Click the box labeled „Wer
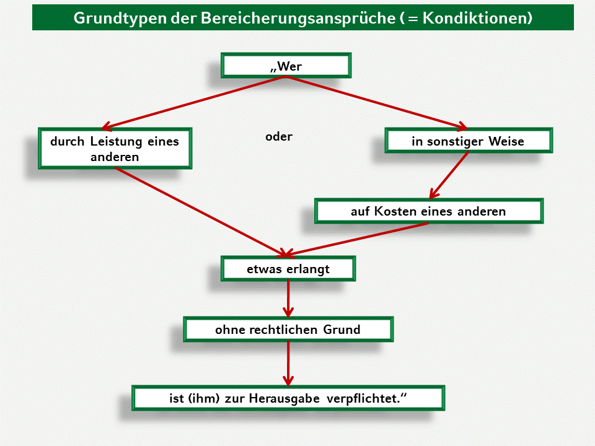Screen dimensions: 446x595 click(286, 66)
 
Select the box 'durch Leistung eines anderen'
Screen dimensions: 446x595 click(115, 149)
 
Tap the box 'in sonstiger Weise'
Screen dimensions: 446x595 click(468, 141)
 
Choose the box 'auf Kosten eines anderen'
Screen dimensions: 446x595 click(428, 211)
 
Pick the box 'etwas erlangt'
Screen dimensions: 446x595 click(288, 269)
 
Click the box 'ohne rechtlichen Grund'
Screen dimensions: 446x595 click(288, 330)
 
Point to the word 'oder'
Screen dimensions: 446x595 click(279, 137)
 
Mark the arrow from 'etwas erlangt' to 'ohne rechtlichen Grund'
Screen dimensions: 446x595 click(288, 299)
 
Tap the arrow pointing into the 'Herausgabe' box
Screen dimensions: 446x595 click(288, 363)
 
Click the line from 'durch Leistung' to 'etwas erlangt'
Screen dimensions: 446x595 click(198, 210)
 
